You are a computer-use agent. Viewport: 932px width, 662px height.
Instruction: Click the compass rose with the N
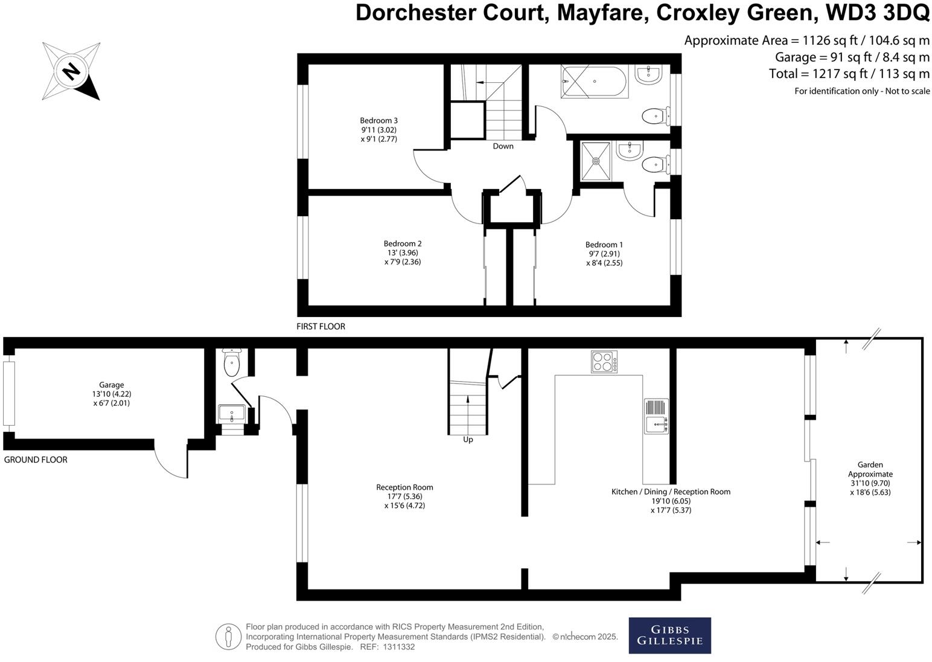coord(71,71)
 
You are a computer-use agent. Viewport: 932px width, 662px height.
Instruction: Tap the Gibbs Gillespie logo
coord(669,635)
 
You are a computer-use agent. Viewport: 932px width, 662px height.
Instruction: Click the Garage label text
coord(112,385)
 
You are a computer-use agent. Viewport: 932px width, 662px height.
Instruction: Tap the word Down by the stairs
coord(503,146)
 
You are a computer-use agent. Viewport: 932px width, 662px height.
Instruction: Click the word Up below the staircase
coord(468,440)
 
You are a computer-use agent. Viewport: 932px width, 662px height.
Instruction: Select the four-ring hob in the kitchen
coord(604,362)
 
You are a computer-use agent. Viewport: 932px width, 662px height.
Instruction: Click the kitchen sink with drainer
coord(656,416)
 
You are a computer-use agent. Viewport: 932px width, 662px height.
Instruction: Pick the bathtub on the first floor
coord(595,82)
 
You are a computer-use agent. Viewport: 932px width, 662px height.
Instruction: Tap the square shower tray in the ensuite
coord(596,161)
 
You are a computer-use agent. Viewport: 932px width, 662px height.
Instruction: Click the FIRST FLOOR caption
coord(321,327)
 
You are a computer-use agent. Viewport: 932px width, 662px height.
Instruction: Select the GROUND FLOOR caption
coord(36,460)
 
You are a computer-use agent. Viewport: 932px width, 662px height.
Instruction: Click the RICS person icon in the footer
coord(228,637)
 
